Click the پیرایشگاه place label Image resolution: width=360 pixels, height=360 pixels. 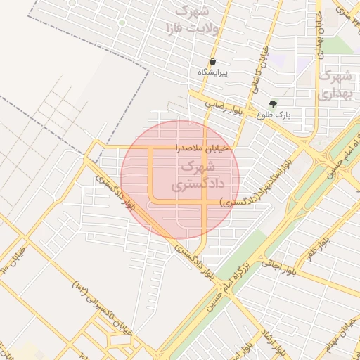(212, 72)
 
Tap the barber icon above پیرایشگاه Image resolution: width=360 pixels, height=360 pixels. (212, 62)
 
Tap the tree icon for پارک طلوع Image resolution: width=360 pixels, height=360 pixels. (273, 104)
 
